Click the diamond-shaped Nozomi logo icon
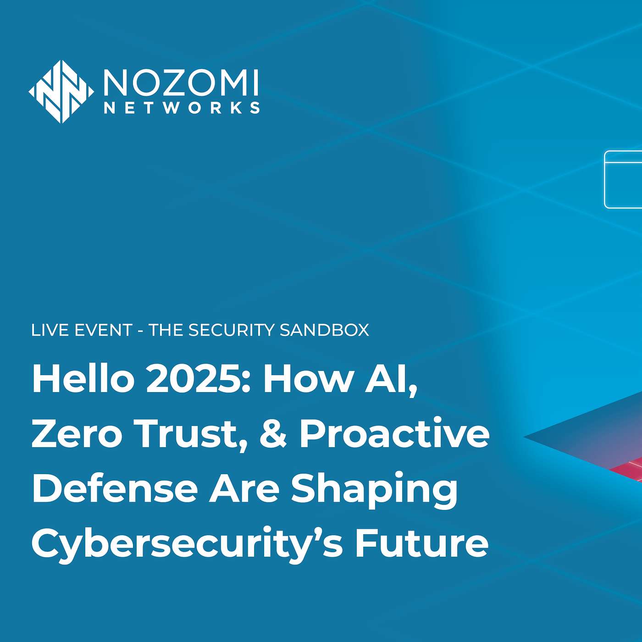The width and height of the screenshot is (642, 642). click(x=61, y=92)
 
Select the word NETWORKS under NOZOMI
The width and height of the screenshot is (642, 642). click(x=182, y=108)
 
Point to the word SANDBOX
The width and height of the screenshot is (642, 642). click(x=324, y=330)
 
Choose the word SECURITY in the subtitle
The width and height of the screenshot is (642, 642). click(x=232, y=330)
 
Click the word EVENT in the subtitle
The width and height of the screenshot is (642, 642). click(x=103, y=330)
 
